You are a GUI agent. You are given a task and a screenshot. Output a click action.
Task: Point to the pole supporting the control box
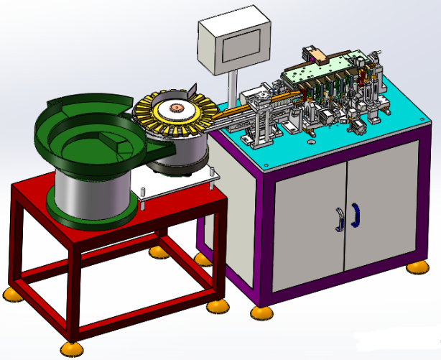click(x=234, y=93)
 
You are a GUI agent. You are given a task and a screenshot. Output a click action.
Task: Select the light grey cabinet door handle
click(x=339, y=218)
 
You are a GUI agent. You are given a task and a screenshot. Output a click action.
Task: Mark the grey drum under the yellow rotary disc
click(x=183, y=154)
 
